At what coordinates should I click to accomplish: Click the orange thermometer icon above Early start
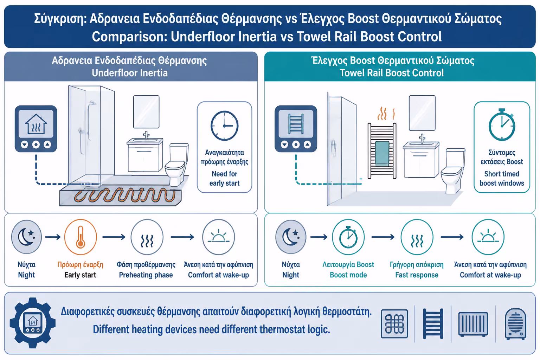pyautogui.click(x=81, y=237)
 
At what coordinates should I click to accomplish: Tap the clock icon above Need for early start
pyautogui.click(x=224, y=126)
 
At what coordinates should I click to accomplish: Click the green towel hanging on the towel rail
pyautogui.click(x=382, y=154)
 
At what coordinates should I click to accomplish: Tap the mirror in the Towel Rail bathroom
pyautogui.click(x=422, y=113)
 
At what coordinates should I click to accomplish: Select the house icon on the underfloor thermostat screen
pyautogui.click(x=36, y=124)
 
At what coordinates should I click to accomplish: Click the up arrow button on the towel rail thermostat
pyautogui.click(x=307, y=144)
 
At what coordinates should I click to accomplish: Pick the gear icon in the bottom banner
pyautogui.click(x=33, y=323)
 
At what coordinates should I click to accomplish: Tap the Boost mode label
pyautogui.click(x=348, y=275)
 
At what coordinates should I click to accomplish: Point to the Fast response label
pyautogui.click(x=417, y=275)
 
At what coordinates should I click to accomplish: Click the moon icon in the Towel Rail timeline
pyautogui.click(x=291, y=237)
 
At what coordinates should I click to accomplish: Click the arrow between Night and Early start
pyautogui.click(x=53, y=237)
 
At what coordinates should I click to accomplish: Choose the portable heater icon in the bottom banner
pyautogui.click(x=516, y=324)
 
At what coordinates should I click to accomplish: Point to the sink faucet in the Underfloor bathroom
pyautogui.click(x=146, y=135)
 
